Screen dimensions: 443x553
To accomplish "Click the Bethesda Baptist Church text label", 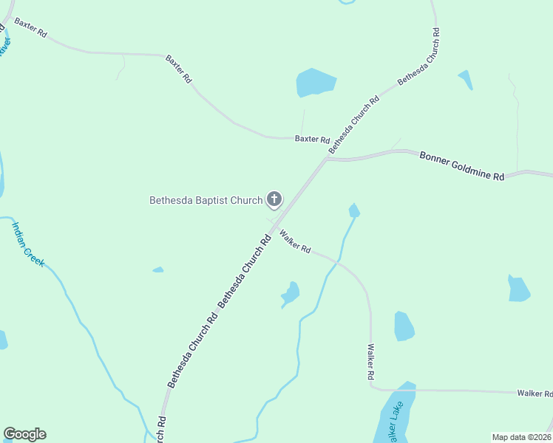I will coord(206,199).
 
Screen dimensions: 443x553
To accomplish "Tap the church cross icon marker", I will coord(274,199).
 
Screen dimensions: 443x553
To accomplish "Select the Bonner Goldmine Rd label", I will coord(461,166).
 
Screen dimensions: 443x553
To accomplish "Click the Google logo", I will coord(24,434).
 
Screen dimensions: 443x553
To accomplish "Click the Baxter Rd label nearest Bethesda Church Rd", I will coord(311,138).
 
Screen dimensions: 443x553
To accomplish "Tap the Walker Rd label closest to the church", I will coord(295,241).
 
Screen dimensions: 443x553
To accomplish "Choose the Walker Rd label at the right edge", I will coord(534,394).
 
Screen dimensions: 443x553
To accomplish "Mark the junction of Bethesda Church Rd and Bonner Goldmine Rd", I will coord(326,158).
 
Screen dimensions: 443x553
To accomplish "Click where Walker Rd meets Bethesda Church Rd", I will coord(274,225).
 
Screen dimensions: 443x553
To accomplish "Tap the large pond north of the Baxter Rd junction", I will coord(316,82).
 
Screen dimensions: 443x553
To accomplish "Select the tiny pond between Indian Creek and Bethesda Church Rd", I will coord(158,270).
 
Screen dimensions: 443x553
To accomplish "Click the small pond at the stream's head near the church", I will coord(354,211).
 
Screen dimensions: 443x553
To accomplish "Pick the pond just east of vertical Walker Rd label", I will coord(404,326).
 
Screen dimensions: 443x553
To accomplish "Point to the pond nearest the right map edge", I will coord(518,288).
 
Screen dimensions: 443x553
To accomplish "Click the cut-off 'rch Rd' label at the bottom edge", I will coord(162,429).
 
